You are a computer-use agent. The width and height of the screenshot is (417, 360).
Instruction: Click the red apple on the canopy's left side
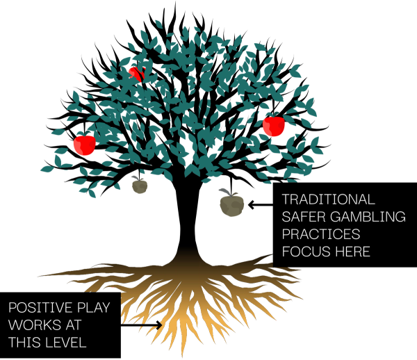[x=84, y=145]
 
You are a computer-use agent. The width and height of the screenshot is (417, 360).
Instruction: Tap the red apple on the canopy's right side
[x=274, y=126]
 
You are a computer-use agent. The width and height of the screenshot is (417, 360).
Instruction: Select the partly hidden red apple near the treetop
[x=135, y=74]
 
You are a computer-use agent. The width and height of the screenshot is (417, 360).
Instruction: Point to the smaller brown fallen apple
[x=140, y=186]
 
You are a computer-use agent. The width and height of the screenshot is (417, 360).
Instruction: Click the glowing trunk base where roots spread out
[x=187, y=268]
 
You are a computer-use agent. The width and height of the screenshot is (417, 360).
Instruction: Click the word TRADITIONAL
[x=328, y=199]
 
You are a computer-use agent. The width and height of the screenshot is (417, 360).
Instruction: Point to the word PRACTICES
[x=320, y=234]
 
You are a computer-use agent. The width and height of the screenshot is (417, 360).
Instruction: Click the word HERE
[x=352, y=252]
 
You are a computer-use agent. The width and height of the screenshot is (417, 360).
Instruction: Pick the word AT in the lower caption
[x=71, y=325]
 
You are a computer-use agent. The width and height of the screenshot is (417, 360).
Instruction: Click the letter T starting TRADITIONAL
[x=286, y=199]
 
